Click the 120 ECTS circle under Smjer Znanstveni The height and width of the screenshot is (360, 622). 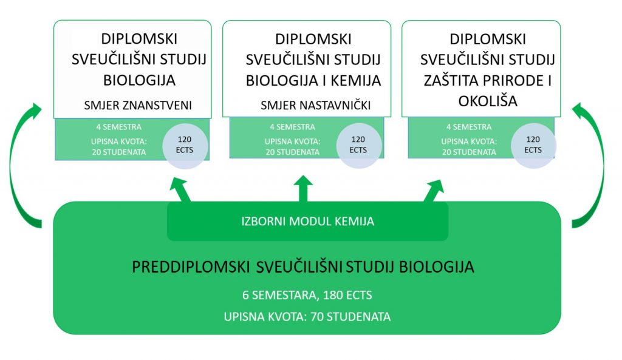[x=185, y=146]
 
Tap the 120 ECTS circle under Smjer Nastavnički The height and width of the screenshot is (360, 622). [x=358, y=145]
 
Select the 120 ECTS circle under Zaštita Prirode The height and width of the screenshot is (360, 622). [x=533, y=145]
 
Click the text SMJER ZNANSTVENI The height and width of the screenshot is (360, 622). [x=138, y=106]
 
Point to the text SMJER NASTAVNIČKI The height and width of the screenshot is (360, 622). [x=316, y=106]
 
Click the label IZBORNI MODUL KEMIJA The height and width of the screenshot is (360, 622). [x=308, y=221]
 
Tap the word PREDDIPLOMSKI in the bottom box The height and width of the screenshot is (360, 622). [x=190, y=267]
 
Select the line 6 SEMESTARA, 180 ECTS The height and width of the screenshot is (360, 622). [x=307, y=295]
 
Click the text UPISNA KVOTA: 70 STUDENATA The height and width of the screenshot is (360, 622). [x=307, y=317]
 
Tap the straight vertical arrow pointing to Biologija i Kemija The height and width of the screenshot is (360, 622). [x=304, y=189]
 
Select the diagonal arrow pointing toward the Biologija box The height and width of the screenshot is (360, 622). [x=180, y=190]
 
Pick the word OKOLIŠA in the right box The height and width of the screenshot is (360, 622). [x=488, y=101]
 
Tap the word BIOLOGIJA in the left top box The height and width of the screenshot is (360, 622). [x=139, y=81]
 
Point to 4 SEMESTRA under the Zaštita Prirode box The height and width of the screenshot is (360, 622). [x=469, y=127]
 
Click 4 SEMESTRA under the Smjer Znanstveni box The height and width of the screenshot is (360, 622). [x=118, y=127]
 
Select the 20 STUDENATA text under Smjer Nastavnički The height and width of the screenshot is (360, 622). [x=292, y=152]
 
